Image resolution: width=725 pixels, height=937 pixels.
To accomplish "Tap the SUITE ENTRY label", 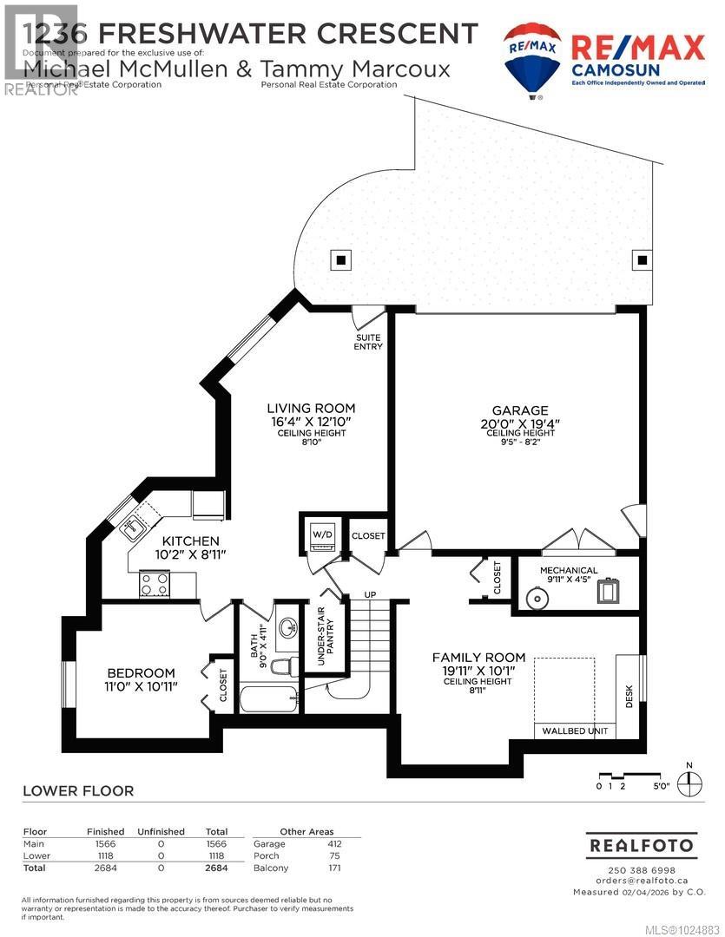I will click(369, 342).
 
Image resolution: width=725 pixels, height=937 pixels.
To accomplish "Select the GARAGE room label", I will click(520, 410).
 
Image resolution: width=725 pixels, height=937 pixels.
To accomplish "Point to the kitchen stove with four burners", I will click(155, 584).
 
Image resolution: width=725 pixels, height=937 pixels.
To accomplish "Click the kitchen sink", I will click(135, 525).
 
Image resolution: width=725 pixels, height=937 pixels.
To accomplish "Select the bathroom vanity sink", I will click(287, 626).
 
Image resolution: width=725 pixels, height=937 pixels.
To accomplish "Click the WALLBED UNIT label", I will click(574, 731).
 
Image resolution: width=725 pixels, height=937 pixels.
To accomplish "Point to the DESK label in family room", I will click(629, 698).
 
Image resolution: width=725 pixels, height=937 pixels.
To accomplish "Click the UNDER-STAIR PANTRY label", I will click(320, 640).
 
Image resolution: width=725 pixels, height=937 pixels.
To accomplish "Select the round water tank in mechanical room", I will click(537, 597).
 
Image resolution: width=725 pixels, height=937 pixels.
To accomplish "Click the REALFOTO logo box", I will click(641, 844).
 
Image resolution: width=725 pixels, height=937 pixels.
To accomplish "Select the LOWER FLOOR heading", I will click(78, 790).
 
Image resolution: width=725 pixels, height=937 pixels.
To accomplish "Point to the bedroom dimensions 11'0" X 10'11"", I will click(141, 688).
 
